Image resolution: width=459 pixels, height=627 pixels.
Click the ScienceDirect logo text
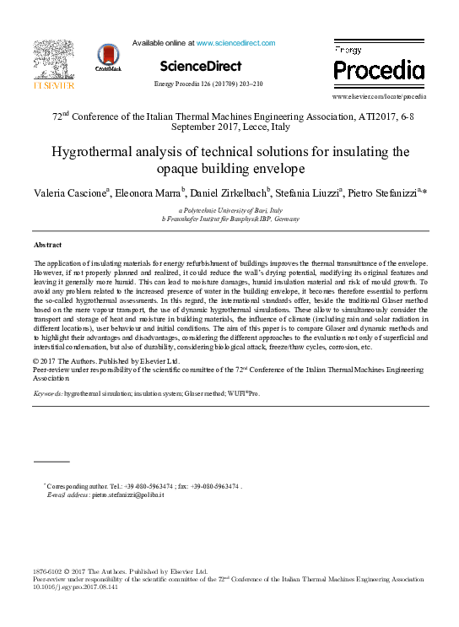(x=201, y=66)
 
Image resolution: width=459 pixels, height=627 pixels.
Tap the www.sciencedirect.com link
(x=236, y=42)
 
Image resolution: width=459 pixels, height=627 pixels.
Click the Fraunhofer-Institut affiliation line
(x=229, y=218)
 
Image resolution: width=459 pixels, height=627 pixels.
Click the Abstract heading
(x=47, y=245)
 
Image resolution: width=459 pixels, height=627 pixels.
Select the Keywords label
(x=47, y=393)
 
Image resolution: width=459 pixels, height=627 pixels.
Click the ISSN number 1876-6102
(x=48, y=571)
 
